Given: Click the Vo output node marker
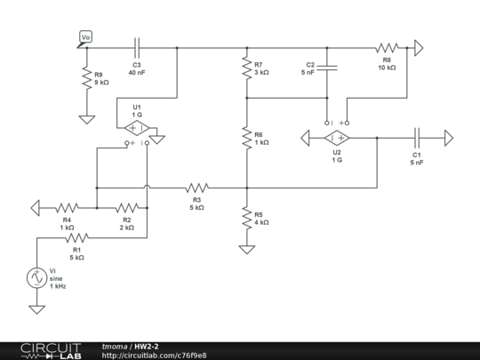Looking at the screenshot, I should (x=85, y=37).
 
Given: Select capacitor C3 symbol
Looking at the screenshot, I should (x=137, y=46).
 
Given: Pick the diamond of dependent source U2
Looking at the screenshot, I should (x=337, y=138).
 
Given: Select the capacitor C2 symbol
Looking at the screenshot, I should (x=327, y=67).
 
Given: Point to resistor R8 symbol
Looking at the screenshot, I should (x=387, y=46).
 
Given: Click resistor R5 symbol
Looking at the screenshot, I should (x=246, y=218).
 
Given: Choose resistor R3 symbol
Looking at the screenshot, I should (x=196, y=188).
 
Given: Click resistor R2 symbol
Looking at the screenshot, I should (x=126, y=207).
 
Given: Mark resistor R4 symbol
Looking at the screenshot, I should (x=67, y=207).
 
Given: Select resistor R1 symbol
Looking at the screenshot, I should (x=77, y=237).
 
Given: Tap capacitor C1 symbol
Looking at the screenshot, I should (x=417, y=138).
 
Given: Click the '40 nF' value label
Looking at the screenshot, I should (x=137, y=73).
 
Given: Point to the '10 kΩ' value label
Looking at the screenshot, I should (x=387, y=68).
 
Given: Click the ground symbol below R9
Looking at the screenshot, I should (x=86, y=117).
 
